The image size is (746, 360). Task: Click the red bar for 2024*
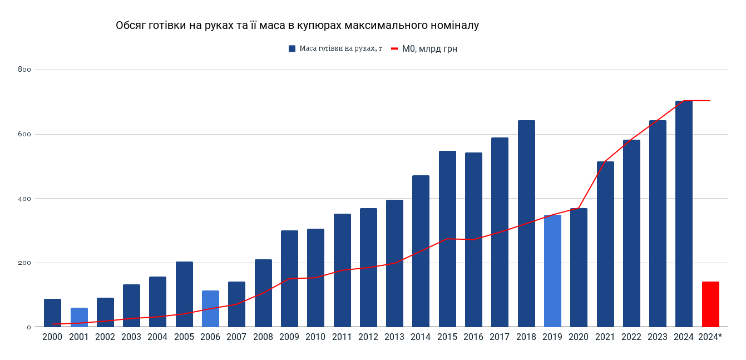coord(710,304)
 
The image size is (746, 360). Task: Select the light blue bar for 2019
coord(552,271)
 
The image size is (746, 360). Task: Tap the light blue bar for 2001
coord(79,317)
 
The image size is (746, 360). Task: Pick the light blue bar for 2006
coord(210,309)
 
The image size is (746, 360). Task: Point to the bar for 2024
coord(684,214)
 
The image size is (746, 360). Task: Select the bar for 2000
coord(52,313)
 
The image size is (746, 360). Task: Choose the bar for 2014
coord(421,251)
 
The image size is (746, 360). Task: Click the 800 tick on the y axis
coord(24,70)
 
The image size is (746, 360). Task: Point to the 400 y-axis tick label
coord(24,199)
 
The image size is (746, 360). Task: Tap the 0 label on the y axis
coord(28,327)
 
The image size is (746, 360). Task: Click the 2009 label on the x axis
coord(289,337)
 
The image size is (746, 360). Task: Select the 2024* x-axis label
coord(710,337)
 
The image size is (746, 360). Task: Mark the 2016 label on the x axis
coord(473,337)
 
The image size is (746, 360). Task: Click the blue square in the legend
coord(292,48)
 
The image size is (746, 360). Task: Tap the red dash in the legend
coord(394,48)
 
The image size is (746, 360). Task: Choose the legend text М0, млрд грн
coord(429,48)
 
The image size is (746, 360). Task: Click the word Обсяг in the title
coord(131,26)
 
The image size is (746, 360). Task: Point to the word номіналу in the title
coord(453,26)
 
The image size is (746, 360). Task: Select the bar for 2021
coord(605,244)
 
